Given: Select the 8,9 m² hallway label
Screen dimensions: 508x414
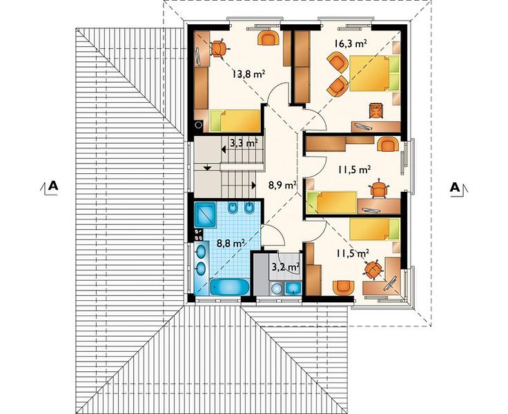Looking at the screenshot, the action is [x=282, y=185].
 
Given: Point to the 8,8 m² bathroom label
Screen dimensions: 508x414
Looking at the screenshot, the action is [x=231, y=243].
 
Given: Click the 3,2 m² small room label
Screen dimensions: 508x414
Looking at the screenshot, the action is [x=285, y=267].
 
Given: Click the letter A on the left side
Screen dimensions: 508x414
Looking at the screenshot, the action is [x=53, y=186].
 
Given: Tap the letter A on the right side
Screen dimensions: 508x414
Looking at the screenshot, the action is [x=455, y=187].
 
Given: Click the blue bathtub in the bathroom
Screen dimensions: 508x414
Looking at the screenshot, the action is [x=229, y=286].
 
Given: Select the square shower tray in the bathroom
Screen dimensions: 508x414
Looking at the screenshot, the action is [x=205, y=214].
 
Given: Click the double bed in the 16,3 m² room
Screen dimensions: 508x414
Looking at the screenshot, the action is [x=375, y=73].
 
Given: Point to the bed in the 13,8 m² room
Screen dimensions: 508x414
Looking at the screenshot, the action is [x=235, y=121].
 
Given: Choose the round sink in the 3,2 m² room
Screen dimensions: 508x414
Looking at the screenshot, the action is [x=276, y=288].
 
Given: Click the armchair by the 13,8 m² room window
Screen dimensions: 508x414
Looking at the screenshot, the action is [x=268, y=37].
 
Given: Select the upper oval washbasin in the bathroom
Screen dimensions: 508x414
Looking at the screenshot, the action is [x=201, y=251].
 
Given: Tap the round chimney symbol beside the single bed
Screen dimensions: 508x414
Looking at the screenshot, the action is [x=199, y=124].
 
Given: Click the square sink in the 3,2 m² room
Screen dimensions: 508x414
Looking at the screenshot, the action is [x=293, y=288].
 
